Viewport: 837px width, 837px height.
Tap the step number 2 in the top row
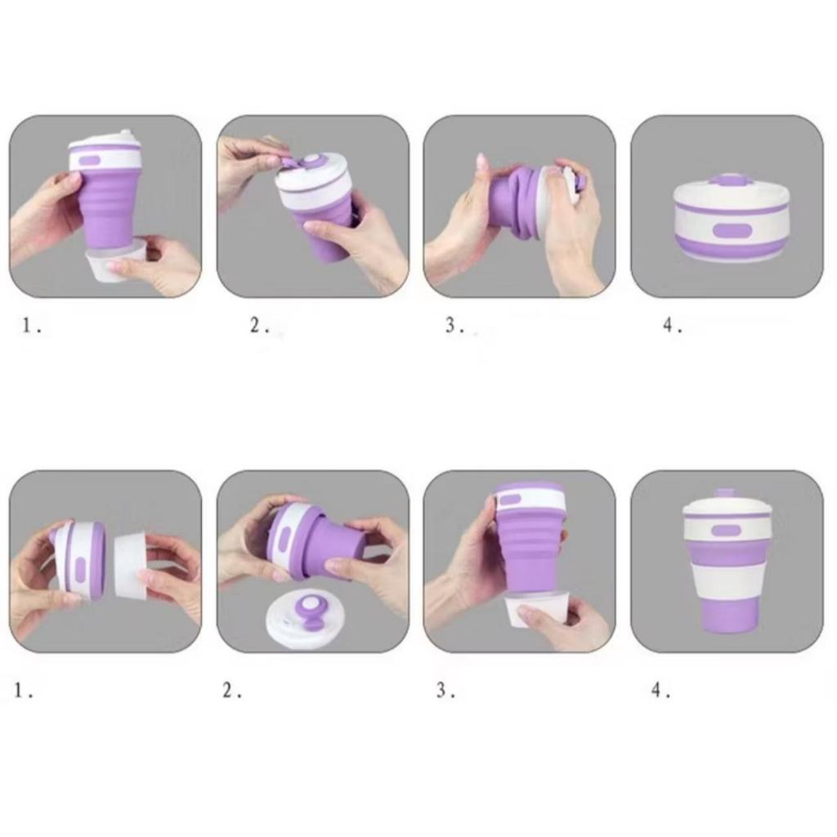point(256,325)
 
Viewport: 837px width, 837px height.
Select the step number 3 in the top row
point(451,325)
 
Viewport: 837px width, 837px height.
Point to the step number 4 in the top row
point(669,325)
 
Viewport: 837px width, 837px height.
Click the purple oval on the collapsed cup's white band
point(732,231)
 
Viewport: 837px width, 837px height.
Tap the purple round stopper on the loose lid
point(308,611)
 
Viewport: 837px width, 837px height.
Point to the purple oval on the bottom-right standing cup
point(727,530)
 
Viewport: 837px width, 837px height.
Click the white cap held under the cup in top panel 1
point(115,261)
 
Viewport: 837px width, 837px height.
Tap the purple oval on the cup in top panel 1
point(90,160)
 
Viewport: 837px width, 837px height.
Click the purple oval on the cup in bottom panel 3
point(510,500)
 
